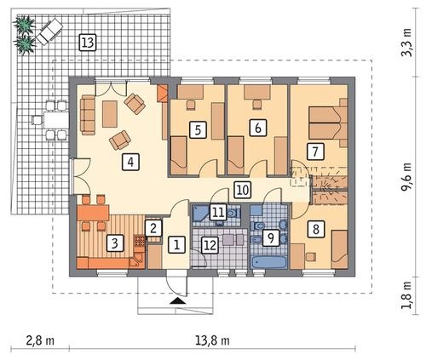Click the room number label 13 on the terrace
coord(88,43)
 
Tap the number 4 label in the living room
coord(130,162)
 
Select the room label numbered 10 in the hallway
coord(243,190)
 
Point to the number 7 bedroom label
coord(315,151)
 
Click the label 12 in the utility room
coord(210,245)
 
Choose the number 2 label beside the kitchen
coord(153,228)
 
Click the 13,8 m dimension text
coord(212,340)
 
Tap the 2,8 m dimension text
coord(40,340)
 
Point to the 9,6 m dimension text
coord(407,177)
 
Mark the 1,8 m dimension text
coord(407,295)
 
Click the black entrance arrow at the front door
coord(178,301)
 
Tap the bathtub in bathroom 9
coord(268,262)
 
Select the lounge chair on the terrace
coord(49,31)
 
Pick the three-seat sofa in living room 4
coord(88,115)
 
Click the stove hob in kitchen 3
coord(140,241)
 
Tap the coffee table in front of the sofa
coord(110,114)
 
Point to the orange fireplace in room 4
coord(163,93)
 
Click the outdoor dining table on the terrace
coord(56,120)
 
